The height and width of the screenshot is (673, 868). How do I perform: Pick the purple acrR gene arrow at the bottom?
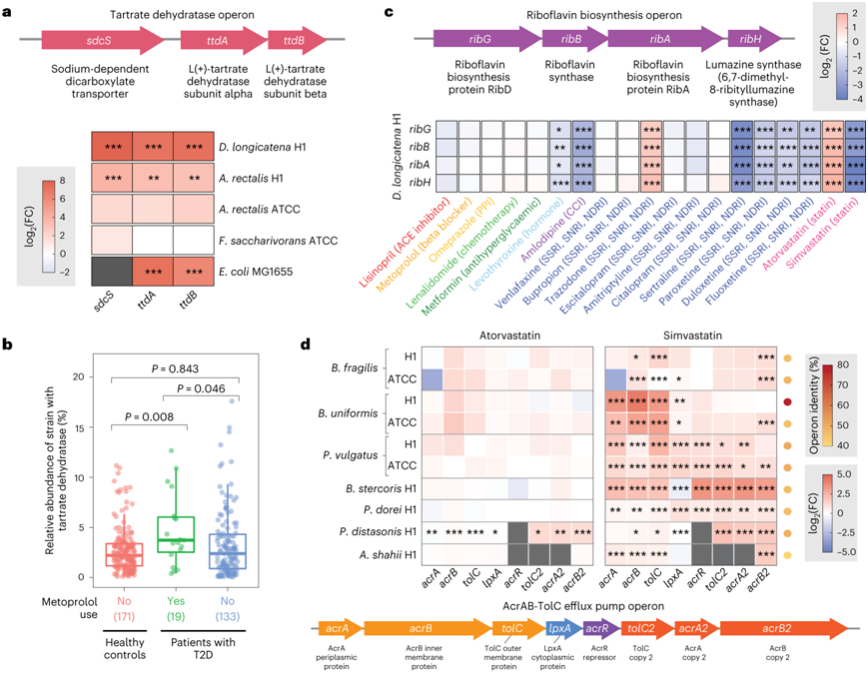click(x=597, y=626)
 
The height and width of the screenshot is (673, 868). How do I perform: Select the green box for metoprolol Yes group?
click(x=179, y=534)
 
